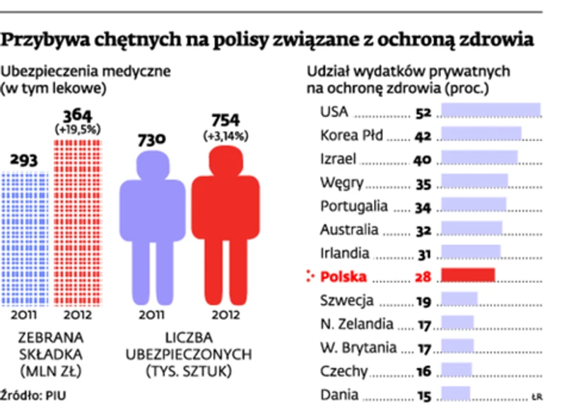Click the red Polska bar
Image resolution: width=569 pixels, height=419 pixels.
pos(468,275)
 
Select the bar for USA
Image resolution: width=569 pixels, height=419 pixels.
pos(491,112)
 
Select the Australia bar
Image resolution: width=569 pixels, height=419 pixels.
pos(471,228)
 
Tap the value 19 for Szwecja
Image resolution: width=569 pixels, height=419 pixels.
pos(423,302)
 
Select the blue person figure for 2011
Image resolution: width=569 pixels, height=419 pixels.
pos(151,219)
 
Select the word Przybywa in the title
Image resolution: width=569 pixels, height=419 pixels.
pos(43,40)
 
